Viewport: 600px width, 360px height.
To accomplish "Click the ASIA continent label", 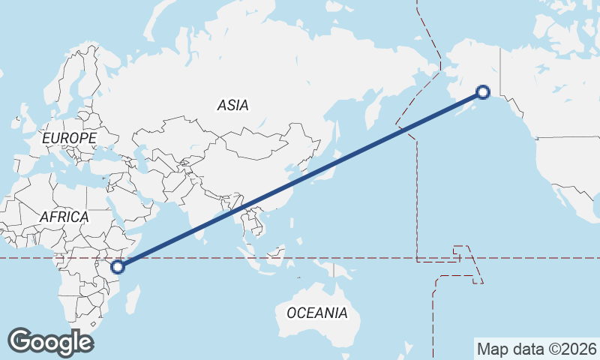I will [232, 106].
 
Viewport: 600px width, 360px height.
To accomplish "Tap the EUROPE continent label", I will [69, 139].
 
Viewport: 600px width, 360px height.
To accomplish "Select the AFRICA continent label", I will [64, 217].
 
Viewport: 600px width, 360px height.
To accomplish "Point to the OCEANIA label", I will [317, 313].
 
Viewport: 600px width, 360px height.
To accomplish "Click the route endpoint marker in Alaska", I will [483, 92].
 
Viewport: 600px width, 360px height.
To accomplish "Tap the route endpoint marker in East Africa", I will [118, 266].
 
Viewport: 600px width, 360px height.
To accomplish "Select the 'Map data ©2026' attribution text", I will [537, 349].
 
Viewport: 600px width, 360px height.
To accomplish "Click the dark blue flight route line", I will [300, 179].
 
